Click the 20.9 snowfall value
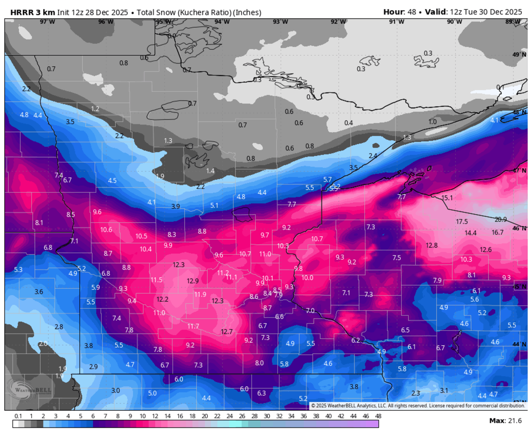pos(501,220)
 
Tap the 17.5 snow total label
pos(462,221)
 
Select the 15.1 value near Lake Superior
pos(447,198)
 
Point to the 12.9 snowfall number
pos(193,281)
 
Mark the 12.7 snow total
pos(227,332)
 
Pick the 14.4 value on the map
pos(470,233)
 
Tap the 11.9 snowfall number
pos(200,294)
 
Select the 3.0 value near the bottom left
pos(115,390)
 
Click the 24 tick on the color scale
pos(229,416)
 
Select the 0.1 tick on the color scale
pos(18,416)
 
